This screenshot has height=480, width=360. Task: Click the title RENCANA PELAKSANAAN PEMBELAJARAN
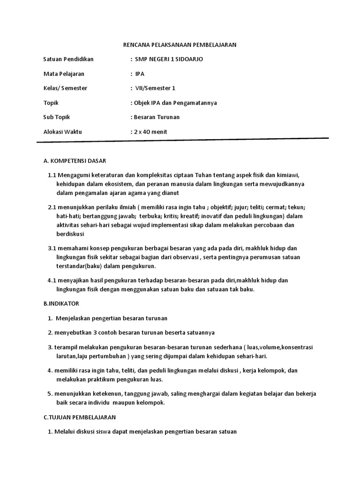pos(180,45)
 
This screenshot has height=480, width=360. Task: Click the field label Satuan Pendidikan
pos(68,59)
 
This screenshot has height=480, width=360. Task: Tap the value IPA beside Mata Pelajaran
pos(140,74)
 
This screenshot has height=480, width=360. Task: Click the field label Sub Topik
pos(56,117)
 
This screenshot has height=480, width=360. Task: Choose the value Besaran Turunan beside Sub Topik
pos(157,117)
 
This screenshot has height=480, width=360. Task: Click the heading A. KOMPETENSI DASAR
pos(75,161)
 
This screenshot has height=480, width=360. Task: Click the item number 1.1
pos(52,175)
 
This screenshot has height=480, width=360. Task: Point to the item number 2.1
pos(52,207)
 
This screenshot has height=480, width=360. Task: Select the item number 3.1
pos(52,248)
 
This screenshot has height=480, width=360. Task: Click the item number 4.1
pos(52,280)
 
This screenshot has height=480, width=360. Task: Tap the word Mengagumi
pos(74,175)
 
